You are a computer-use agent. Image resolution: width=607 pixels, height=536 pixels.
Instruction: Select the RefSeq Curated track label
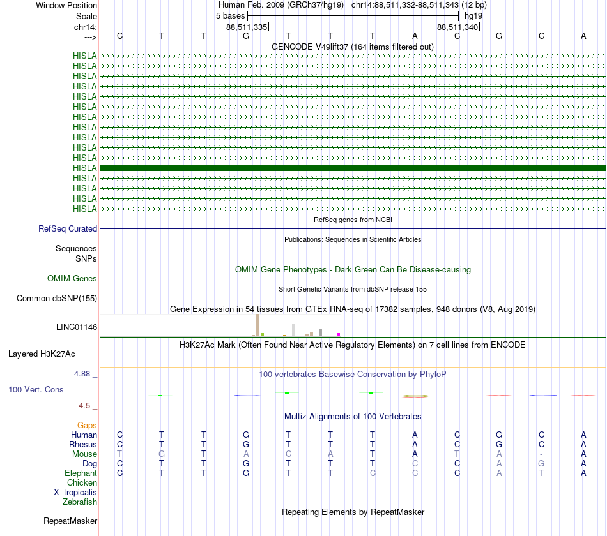tap(68, 228)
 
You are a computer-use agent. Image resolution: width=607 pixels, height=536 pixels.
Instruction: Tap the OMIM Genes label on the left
tap(72, 278)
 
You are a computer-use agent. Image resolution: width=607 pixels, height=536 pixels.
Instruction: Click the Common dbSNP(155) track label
tap(57, 298)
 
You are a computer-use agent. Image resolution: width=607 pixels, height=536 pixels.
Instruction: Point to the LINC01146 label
tap(77, 327)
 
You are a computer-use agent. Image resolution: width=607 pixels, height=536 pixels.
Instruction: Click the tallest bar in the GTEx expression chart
tap(257, 325)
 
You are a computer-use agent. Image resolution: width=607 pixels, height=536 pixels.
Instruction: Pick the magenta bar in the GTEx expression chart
tap(339, 334)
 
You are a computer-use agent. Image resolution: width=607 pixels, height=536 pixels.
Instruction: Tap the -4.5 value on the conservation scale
tap(85, 405)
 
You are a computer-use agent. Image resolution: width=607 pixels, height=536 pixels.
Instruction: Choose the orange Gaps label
tap(87, 425)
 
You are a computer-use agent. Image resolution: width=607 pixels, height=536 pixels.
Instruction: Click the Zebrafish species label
tap(80, 502)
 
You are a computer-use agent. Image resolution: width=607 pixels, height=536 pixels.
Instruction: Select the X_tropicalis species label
tap(75, 492)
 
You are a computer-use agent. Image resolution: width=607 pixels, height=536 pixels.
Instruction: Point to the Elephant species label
tap(81, 473)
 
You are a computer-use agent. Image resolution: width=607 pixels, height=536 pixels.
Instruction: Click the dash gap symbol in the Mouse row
tap(541, 454)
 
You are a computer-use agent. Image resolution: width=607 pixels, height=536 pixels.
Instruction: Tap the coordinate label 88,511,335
tap(247, 27)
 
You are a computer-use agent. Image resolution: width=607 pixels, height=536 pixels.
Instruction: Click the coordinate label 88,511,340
tap(457, 27)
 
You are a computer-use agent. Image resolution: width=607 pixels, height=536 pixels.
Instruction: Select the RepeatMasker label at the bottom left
tap(70, 521)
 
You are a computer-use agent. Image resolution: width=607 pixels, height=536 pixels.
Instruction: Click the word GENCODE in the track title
tap(291, 47)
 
